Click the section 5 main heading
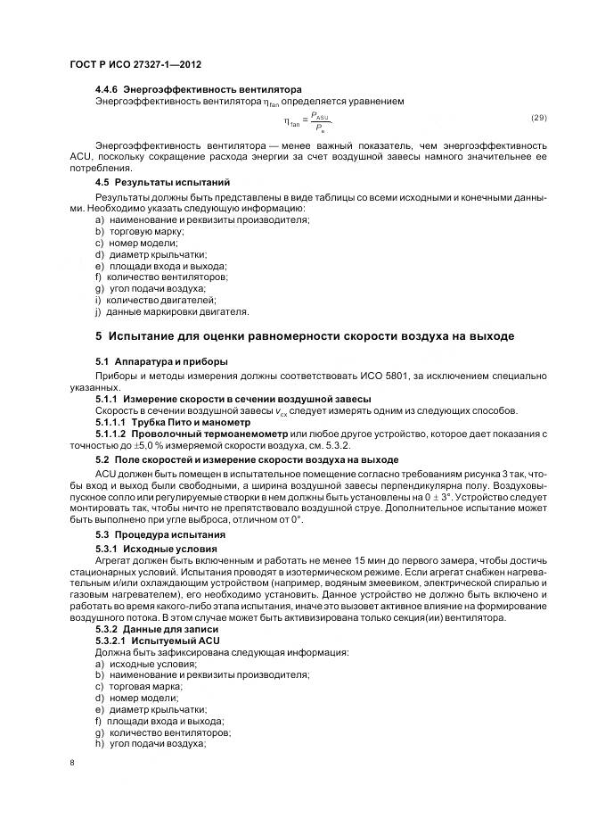click(x=304, y=336)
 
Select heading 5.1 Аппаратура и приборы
click(x=160, y=361)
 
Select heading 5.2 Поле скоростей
click(x=246, y=459)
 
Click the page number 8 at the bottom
click(x=72, y=764)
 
